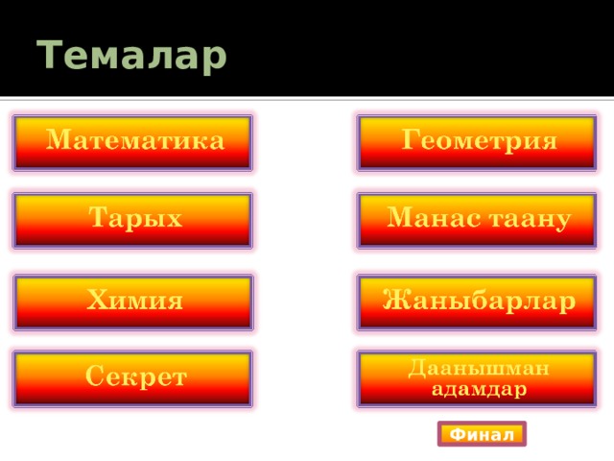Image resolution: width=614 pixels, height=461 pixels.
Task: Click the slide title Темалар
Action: click(131, 56)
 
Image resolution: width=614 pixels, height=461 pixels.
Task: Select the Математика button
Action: click(132, 143)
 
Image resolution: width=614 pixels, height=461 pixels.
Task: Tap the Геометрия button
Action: click(477, 143)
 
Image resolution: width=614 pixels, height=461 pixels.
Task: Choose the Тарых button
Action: click(132, 221)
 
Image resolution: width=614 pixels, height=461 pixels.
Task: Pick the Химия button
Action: click(133, 303)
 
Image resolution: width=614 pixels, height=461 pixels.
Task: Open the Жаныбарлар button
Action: click(477, 303)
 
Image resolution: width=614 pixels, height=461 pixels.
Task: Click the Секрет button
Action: click(132, 378)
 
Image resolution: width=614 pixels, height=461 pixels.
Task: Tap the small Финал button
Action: click(482, 434)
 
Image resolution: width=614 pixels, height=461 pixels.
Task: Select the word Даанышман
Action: click(478, 369)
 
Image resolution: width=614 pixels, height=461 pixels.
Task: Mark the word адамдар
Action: click(479, 389)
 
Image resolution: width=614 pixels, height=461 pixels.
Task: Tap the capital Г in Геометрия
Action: click(412, 139)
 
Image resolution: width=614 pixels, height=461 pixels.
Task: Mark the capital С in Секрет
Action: click(95, 376)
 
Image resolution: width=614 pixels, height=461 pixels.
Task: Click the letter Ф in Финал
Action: click(458, 434)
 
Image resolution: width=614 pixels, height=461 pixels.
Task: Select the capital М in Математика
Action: click(59, 139)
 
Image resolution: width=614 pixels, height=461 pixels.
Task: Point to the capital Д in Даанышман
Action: click(417, 369)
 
